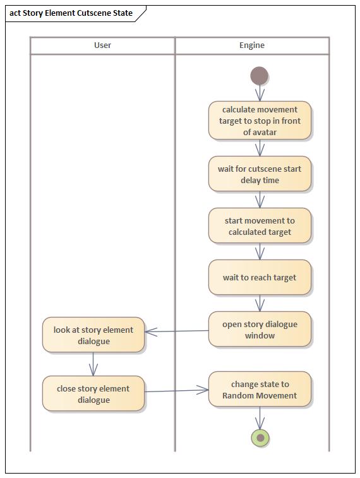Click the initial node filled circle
pyautogui.click(x=259, y=76)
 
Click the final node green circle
pyautogui.click(x=260, y=438)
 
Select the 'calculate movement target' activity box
pyautogui.click(x=260, y=120)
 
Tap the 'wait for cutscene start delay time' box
pyautogui.click(x=260, y=174)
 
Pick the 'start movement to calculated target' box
pyautogui.click(x=260, y=226)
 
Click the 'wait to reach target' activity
pyautogui.click(x=260, y=277)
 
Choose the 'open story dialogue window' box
pyautogui.click(x=260, y=329)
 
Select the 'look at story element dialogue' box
pyautogui.click(x=93, y=335)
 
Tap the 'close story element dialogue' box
pyautogui.click(x=93, y=393)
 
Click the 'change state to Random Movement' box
pyautogui.click(x=260, y=389)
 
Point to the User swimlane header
pyautogui.click(x=102, y=45)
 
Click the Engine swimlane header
pyautogui.click(x=252, y=45)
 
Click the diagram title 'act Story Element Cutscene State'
pyautogui.click(x=71, y=13)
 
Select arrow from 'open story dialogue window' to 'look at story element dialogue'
pyautogui.click(x=177, y=331)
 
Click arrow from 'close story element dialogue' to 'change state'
pyautogui.click(x=177, y=391)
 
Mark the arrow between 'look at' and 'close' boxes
pyautogui.click(x=93, y=364)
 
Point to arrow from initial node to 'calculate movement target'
pyautogui.click(x=260, y=93)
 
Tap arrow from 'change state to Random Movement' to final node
pyautogui.click(x=260, y=417)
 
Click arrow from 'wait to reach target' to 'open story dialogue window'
pyautogui.click(x=260, y=303)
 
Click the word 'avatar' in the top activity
pyautogui.click(x=260, y=132)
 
